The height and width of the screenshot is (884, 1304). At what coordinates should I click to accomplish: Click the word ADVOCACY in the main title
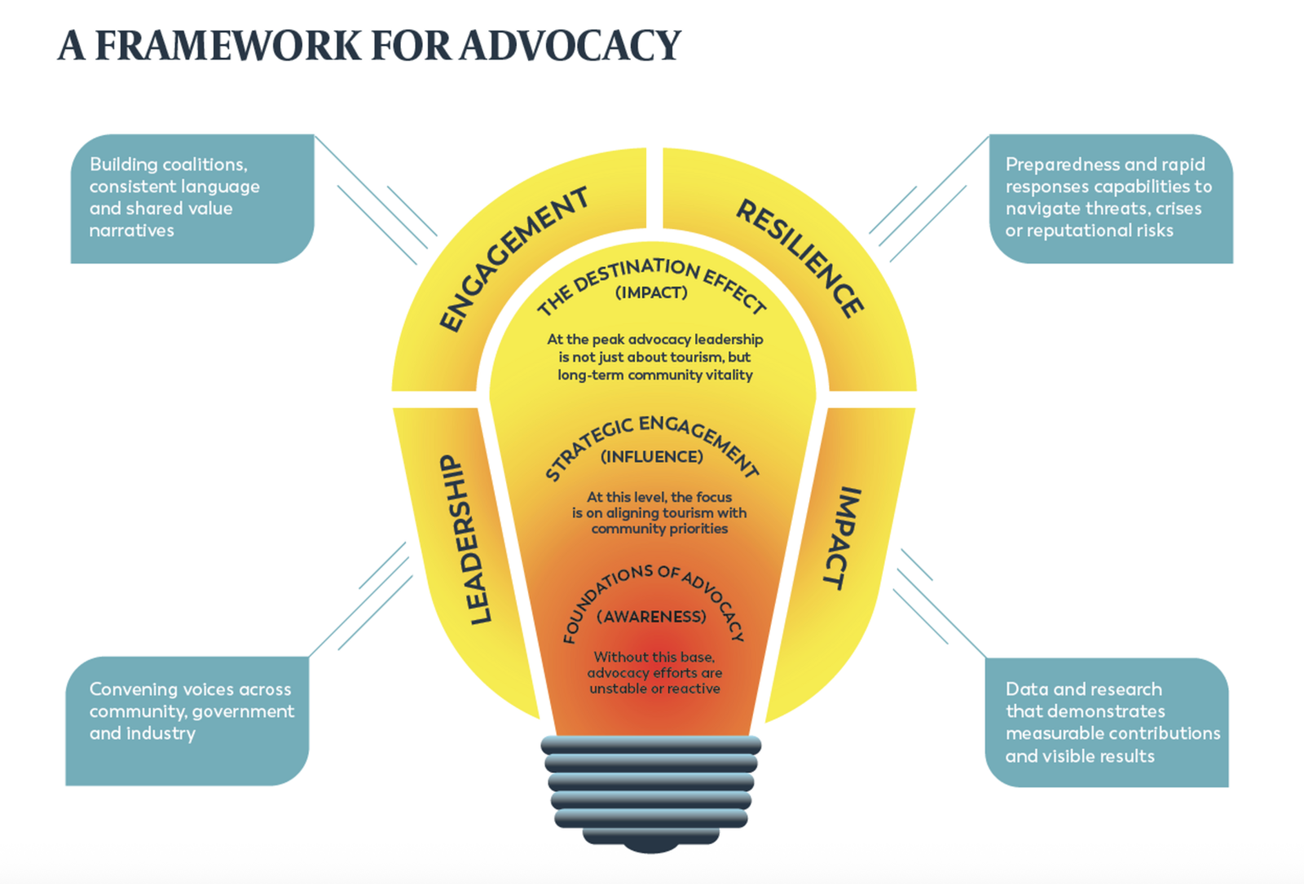coord(570,46)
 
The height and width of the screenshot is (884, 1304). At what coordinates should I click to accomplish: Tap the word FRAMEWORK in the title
coord(228,46)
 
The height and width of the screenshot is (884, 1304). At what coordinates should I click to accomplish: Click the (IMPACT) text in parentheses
coord(651,293)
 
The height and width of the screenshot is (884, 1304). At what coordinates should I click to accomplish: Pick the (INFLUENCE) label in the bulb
coord(651,457)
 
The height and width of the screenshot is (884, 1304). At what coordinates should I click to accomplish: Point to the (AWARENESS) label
coord(651,617)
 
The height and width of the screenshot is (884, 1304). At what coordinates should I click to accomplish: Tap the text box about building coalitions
coord(192,198)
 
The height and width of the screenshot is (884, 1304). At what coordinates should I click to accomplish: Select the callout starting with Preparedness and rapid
coord(1110,198)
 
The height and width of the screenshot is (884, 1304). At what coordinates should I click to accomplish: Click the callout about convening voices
coord(187,720)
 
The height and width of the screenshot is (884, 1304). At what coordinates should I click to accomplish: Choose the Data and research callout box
coord(1106,722)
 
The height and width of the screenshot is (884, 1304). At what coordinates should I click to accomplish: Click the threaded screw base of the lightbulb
coord(650,790)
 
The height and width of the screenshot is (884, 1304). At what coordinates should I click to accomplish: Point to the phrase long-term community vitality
coord(654,376)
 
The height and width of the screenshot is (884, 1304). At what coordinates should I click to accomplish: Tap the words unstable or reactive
coord(654,689)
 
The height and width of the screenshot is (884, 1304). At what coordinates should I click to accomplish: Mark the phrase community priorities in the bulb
coord(659,529)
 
